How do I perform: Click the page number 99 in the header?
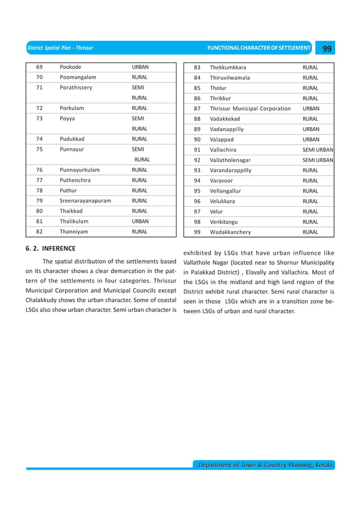click(x=326, y=49)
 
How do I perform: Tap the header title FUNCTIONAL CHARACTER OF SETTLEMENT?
click(x=259, y=49)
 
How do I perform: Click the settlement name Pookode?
click(x=71, y=67)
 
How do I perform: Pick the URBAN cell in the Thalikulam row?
click(x=140, y=221)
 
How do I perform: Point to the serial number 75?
click(x=40, y=150)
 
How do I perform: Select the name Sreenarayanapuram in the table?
click(x=85, y=200)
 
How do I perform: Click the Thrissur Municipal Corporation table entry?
click(x=250, y=108)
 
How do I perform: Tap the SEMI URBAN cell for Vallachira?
click(x=318, y=150)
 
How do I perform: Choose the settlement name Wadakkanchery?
click(x=230, y=232)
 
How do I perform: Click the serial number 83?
click(x=197, y=67)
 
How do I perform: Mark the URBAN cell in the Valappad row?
click(x=311, y=140)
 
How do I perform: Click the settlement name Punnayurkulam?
click(x=80, y=170)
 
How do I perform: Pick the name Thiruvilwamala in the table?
click(x=230, y=77)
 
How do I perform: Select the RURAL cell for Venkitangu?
click(x=310, y=222)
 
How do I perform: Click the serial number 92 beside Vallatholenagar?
click(x=197, y=160)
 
